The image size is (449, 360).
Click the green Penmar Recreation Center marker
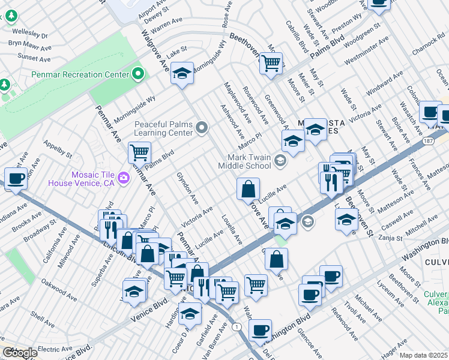click(x=139, y=74)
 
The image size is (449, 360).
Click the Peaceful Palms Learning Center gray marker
click(x=202, y=127)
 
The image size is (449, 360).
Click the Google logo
click(x=19, y=352)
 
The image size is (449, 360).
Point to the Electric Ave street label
click(x=55, y=347)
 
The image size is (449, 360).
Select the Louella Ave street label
click(x=231, y=230)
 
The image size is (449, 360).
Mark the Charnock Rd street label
click(x=427, y=44)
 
